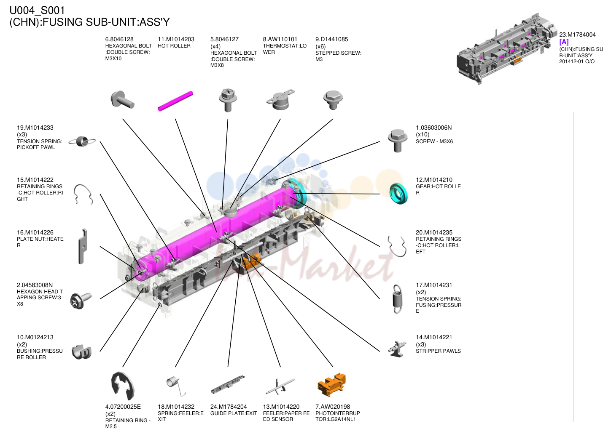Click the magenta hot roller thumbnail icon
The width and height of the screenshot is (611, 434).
click(175, 101)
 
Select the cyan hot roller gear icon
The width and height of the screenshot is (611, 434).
click(398, 194)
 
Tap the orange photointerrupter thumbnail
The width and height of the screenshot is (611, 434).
click(332, 385)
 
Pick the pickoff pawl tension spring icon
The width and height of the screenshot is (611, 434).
click(82, 141)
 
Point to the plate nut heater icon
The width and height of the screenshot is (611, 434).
click(82, 246)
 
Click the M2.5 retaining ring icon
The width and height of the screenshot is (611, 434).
click(122, 386)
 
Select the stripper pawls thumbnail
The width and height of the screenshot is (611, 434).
click(398, 349)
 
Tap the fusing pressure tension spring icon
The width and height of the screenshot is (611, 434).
click(397, 299)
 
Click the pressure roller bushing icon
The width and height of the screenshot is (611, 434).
click(81, 352)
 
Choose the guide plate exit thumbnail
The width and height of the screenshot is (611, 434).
click(228, 385)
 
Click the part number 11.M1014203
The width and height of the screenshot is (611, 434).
click(176, 39)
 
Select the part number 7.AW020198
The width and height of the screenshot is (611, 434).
click(333, 407)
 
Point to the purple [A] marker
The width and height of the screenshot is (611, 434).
click(564, 42)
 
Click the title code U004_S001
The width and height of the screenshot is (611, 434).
click(37, 11)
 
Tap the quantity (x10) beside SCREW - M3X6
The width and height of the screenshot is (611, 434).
click(423, 135)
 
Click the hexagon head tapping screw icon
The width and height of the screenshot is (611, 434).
click(81, 301)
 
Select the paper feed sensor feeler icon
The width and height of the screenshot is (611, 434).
click(280, 386)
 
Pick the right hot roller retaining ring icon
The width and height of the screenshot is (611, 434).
click(83, 194)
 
